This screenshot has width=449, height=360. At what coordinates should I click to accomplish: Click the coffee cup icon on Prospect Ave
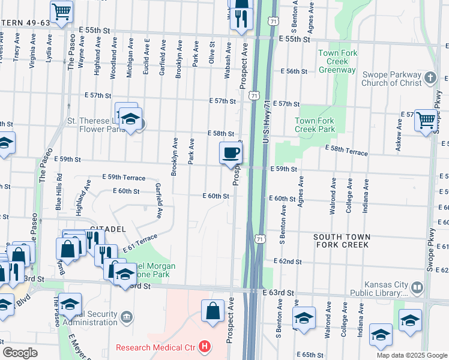click(x=231, y=153)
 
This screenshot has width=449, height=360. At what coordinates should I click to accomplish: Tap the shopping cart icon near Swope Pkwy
click(x=426, y=119)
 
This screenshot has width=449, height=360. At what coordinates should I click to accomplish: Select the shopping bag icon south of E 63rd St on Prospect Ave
click(x=212, y=311)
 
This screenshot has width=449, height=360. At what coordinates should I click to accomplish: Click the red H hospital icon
click(x=205, y=347)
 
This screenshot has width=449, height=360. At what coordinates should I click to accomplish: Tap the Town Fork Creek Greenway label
click(x=337, y=61)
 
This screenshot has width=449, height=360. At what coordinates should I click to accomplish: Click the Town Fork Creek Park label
click(x=315, y=125)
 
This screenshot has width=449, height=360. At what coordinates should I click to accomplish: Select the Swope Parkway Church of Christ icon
click(x=430, y=77)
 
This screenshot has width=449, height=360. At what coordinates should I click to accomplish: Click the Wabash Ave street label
click(x=228, y=63)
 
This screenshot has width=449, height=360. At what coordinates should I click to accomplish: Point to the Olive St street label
click(x=211, y=53)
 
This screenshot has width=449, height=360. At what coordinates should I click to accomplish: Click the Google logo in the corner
click(x=20, y=353)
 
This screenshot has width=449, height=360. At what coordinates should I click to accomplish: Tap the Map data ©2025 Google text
click(x=411, y=355)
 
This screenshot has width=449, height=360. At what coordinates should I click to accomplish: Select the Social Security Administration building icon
click(x=126, y=316)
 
